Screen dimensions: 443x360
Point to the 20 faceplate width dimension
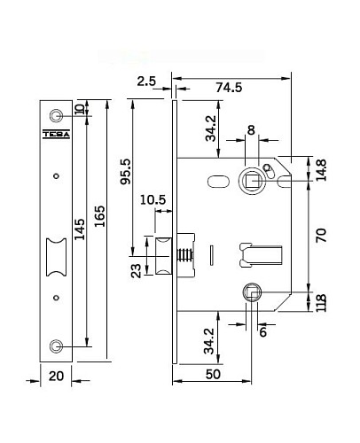[x=57, y=375]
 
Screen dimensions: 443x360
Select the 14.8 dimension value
[x=322, y=168]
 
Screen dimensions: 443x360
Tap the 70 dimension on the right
[x=322, y=235]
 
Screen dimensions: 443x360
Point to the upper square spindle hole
[x=252, y=178]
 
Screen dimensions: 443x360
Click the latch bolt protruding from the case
[x=162, y=258]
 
